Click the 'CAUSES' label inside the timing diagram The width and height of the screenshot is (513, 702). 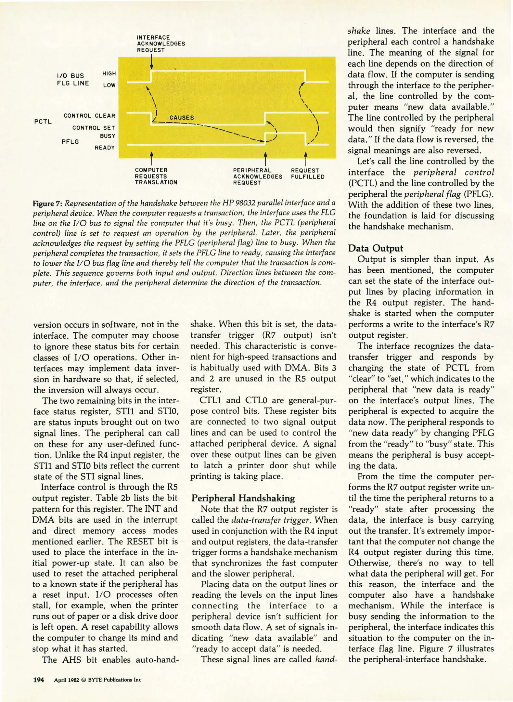tap(182, 118)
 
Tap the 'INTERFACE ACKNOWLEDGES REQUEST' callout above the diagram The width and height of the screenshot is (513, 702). tap(160, 44)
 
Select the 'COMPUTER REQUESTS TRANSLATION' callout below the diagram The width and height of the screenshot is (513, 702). tap(156, 176)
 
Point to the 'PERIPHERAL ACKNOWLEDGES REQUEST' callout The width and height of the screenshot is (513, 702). tap(257, 176)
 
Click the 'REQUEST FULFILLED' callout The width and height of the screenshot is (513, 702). tap(307, 174)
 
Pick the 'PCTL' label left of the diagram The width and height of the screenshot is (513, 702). tap(43, 122)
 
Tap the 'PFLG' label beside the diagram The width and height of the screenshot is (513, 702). tap(70, 142)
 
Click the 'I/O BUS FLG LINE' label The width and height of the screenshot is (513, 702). tap(73, 80)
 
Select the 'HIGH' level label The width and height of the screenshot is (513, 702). tap(109, 74)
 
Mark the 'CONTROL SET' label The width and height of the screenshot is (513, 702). tap(94, 128)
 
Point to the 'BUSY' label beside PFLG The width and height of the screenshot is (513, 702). tap(108, 136)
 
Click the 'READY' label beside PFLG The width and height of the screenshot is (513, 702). tap(105, 148)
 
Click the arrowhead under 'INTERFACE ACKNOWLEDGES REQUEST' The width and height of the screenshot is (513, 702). tap(151, 67)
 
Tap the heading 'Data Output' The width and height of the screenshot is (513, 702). tap(375, 248)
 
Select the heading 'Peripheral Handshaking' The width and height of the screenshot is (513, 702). tap(243, 498)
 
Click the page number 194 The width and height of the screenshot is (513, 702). tap(39, 680)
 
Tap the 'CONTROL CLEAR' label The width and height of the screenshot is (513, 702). tap(89, 116)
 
